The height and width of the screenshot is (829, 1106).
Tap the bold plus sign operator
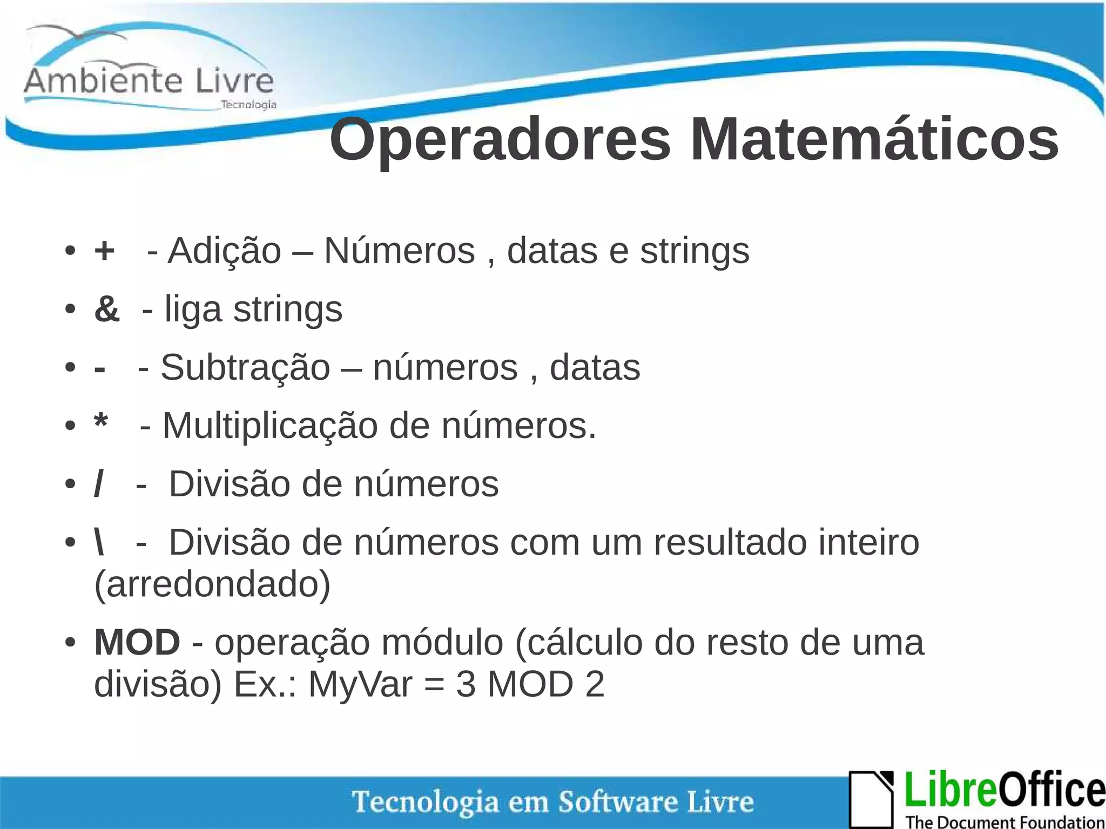[104, 251]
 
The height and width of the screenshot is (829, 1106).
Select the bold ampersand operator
[107, 309]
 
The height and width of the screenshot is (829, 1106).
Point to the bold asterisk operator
[101, 423]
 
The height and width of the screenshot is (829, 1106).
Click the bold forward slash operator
[98, 484]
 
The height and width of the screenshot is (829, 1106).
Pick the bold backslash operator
[99, 542]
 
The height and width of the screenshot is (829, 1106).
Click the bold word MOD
[137, 643]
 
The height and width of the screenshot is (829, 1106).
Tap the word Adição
[225, 252]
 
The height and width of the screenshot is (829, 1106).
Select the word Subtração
[245, 368]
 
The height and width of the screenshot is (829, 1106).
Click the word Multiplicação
[270, 426]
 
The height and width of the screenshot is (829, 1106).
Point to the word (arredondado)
[212, 584]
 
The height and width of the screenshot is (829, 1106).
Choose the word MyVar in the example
[360, 685]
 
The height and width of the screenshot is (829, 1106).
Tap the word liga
[193, 310]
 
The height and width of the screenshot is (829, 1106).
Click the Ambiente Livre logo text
[149, 81]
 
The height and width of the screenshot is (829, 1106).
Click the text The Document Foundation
[1005, 821]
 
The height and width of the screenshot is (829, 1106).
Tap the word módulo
[441, 643]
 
